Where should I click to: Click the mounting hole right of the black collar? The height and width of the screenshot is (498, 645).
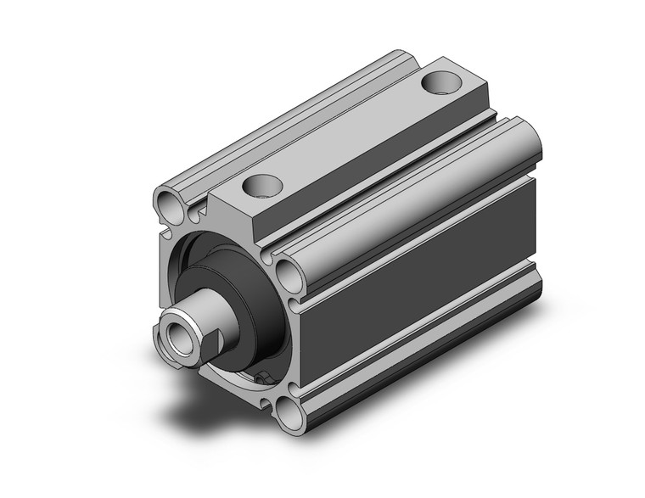(287, 274)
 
